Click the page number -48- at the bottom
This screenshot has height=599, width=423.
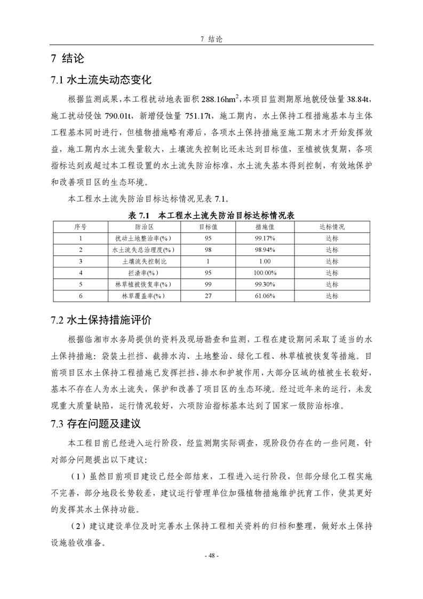pos(211,555)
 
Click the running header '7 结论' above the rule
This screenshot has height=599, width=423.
pos(211,39)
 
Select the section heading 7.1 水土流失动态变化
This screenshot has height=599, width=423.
pos(101,81)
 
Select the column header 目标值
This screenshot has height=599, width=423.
pos(207,227)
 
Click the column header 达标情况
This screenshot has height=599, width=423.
pos(332,227)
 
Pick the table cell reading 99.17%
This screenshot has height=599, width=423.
pos(265,238)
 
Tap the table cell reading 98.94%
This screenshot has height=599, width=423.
pos(265,250)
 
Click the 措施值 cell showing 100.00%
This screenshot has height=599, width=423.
pos(265,273)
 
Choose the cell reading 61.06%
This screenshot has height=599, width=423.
pos(265,295)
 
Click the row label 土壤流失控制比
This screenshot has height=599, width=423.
pos(145,262)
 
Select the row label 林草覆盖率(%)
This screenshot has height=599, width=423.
pos(145,295)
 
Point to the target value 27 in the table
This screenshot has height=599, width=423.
pos(207,295)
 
